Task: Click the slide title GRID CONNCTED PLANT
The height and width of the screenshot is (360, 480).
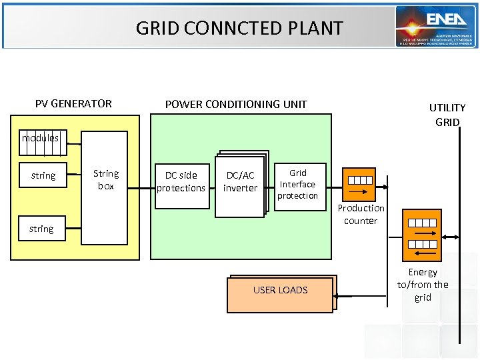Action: (x=239, y=28)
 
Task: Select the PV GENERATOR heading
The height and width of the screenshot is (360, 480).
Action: (x=73, y=103)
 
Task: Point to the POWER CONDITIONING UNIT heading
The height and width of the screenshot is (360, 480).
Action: (x=236, y=103)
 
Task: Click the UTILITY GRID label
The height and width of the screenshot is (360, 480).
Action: (x=447, y=115)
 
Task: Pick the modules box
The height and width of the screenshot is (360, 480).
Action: (x=43, y=143)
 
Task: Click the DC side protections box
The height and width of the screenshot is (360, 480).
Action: (x=181, y=182)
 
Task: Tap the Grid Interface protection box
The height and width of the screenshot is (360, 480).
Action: (x=298, y=184)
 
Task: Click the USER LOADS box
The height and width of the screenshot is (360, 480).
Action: (x=280, y=290)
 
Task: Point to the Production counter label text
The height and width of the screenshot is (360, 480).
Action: (x=361, y=214)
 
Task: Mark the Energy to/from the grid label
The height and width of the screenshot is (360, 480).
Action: (x=423, y=285)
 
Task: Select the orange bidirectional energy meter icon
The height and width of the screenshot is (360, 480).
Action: (x=422, y=234)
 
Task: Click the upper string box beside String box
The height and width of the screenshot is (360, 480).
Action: (x=43, y=175)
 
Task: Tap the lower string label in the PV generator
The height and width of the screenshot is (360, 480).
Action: (x=41, y=229)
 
